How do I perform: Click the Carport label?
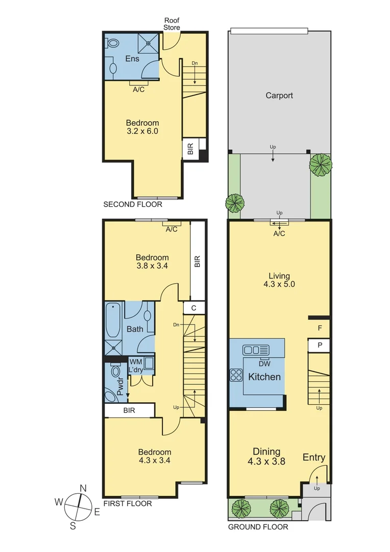click(279, 96)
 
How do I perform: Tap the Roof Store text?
click(172, 24)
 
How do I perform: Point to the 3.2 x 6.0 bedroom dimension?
click(142, 131)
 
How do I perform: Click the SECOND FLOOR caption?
click(133, 204)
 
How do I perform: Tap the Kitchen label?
click(264, 377)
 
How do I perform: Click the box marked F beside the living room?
click(320, 327)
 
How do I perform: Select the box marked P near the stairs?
click(320, 346)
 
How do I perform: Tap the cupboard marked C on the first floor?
click(194, 308)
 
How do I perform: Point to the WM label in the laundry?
click(135, 361)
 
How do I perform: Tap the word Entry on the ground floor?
click(313, 457)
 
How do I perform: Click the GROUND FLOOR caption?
click(258, 527)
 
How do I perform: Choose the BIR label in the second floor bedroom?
click(190, 149)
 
